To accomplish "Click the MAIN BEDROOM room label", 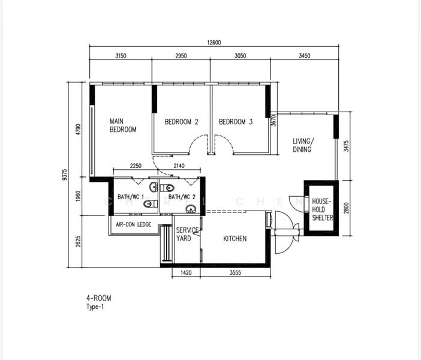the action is coord(123,125).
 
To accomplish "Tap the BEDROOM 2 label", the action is coord(182,122).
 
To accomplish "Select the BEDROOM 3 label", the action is coord(236,122).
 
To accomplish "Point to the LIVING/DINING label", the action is coord(303,145).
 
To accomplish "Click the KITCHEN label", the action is coord(235,239).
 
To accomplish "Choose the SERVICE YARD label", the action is coord(187,234).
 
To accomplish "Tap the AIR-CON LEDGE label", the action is coord(134,224).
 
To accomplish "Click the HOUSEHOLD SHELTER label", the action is coord(322,209).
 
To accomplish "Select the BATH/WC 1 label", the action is coord(131,197).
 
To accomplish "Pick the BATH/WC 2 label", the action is coord(182,197).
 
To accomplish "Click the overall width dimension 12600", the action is coord(214,43).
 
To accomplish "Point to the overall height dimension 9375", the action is coord(64,175).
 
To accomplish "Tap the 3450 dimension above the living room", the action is coord(305,56).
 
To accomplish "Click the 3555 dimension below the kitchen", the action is coord(235,273).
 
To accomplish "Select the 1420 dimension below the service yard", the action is coord(186,273).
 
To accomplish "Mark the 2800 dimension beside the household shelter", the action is coord(346,208).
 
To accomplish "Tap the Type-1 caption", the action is coord(95,307).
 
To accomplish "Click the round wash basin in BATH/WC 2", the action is coord(191,209).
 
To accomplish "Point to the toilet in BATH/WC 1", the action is coord(151,204).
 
